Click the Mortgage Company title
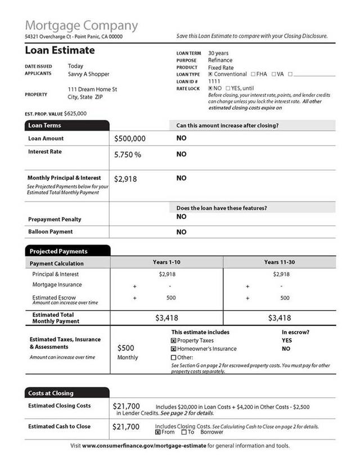(x=81, y=25)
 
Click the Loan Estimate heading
(x=60, y=51)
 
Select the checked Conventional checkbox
(x=210, y=74)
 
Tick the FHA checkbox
(x=253, y=74)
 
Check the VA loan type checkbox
(x=274, y=74)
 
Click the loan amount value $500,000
(x=129, y=138)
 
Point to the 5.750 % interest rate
(x=127, y=154)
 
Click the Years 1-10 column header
(x=166, y=262)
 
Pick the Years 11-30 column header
(x=280, y=262)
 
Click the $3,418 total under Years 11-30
(x=280, y=318)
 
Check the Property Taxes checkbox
(x=173, y=340)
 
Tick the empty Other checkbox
(x=173, y=357)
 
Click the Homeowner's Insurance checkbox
(x=173, y=349)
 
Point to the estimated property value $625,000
(x=75, y=113)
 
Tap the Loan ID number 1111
(x=214, y=81)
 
